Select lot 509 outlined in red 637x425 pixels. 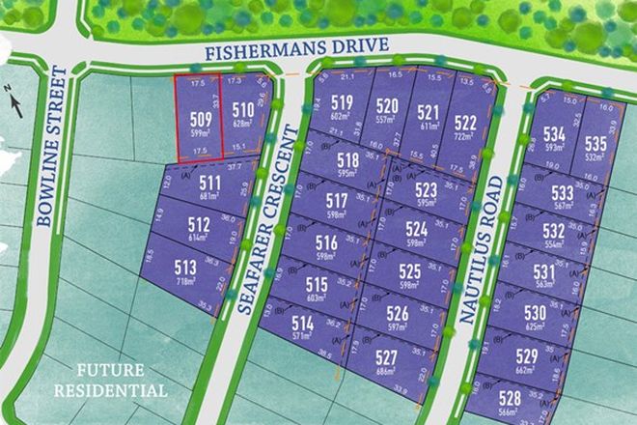(x=198, y=121)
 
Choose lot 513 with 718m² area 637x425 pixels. (x=186, y=267)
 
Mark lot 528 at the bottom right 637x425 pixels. (x=510, y=397)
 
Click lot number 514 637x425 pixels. (x=303, y=323)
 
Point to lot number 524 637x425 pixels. (x=416, y=229)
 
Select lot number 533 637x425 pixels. (x=564, y=192)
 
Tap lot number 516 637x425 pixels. (x=327, y=242)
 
